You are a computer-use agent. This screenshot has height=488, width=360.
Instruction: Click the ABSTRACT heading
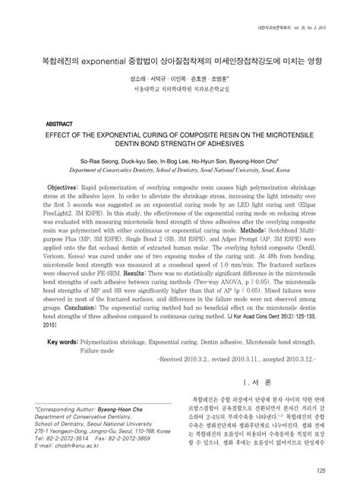pyautogui.click(x=59, y=122)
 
